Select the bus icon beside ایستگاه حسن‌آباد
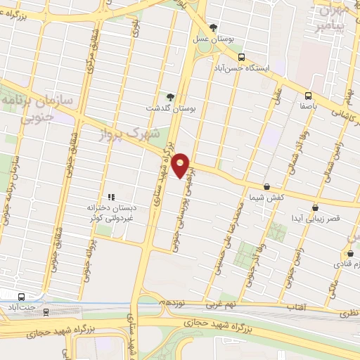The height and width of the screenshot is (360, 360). [241, 58]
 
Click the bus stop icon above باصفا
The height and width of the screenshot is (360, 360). [308, 96]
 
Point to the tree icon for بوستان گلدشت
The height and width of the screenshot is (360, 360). [169, 97]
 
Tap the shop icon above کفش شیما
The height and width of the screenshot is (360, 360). [266, 186]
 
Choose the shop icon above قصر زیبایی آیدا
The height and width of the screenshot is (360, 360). [314, 207]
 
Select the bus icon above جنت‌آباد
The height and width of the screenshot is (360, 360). [22, 297]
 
